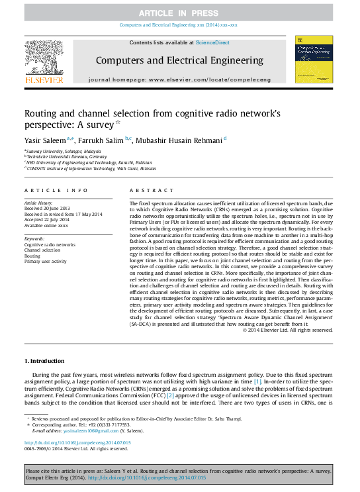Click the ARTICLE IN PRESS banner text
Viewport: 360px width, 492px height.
179,13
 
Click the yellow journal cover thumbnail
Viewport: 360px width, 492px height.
314,60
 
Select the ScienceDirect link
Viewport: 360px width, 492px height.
211,42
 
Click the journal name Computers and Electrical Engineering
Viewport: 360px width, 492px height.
179,60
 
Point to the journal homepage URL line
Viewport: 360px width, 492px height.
179,79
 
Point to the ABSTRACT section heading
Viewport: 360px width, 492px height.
147,190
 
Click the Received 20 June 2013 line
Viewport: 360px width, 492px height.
46,207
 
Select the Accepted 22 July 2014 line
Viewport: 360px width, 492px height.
46,219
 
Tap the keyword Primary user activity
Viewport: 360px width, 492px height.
46,261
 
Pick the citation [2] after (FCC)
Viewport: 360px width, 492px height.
170,395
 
